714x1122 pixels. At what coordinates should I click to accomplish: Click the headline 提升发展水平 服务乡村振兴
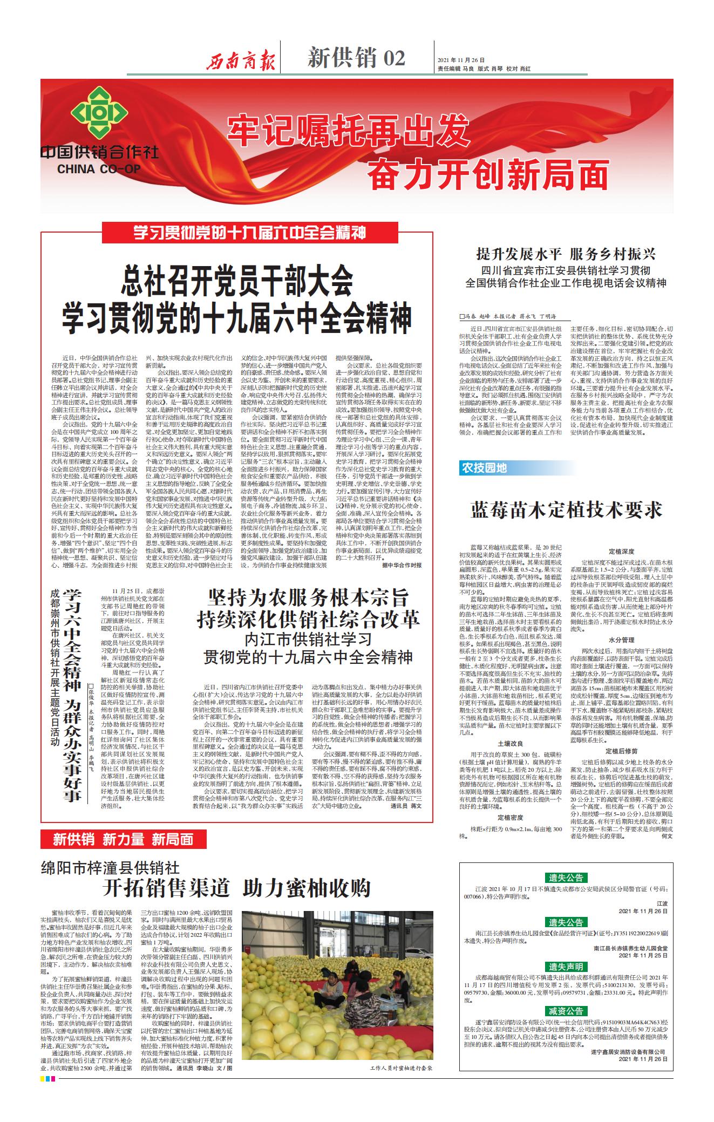(x=566, y=254)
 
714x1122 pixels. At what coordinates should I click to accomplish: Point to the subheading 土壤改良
(x=511, y=743)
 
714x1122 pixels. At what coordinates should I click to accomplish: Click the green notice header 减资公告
(x=566, y=1011)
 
